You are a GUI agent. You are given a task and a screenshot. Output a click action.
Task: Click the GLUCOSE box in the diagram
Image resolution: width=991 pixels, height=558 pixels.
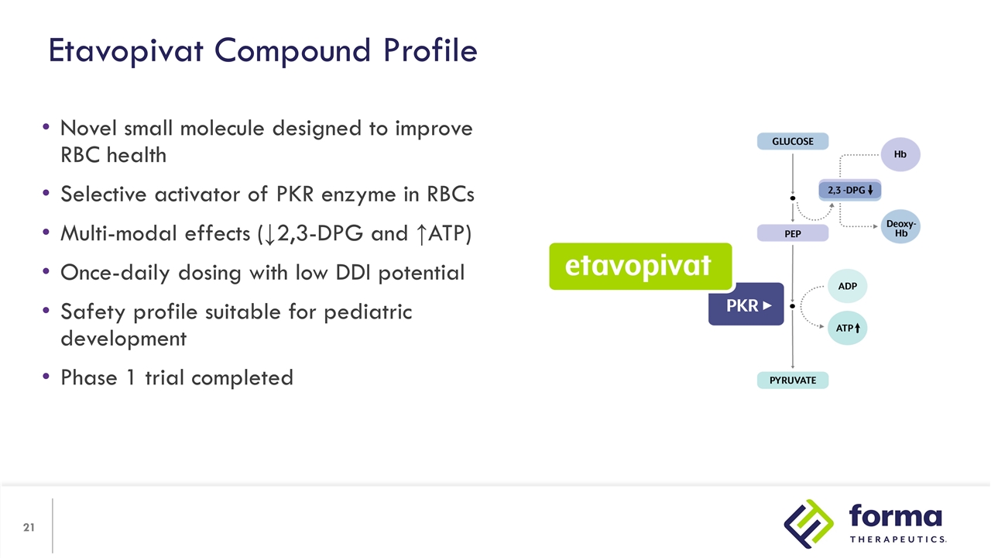coord(792,141)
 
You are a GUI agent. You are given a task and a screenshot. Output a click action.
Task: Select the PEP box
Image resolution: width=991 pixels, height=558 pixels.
coord(792,233)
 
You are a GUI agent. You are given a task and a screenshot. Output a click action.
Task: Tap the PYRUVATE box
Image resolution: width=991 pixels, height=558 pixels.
coord(792,381)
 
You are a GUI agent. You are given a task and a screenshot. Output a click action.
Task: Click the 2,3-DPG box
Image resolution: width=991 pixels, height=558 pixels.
coord(850,190)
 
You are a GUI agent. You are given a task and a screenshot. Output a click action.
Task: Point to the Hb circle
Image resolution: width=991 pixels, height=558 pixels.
coord(900,154)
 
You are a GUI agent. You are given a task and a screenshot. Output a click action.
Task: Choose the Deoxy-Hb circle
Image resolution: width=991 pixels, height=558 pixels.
coord(900,227)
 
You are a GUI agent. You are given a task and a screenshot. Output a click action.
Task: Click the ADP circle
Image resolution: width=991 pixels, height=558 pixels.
coord(847,286)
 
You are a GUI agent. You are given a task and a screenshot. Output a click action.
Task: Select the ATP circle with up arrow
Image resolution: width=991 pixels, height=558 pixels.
coord(847,329)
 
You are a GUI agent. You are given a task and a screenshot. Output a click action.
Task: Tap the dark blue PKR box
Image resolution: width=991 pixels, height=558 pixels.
coord(746,305)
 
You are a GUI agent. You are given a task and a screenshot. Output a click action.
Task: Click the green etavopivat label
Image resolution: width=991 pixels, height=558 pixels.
coord(640,266)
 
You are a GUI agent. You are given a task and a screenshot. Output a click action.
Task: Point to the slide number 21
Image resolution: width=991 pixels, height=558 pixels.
coord(29,528)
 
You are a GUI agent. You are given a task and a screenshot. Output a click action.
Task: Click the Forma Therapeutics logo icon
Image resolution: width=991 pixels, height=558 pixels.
coord(809,524)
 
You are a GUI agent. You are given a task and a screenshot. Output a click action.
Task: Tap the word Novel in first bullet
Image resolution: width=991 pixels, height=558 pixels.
coord(87,128)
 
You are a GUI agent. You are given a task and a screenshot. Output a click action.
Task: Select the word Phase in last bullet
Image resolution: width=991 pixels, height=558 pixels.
coord(87,377)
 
